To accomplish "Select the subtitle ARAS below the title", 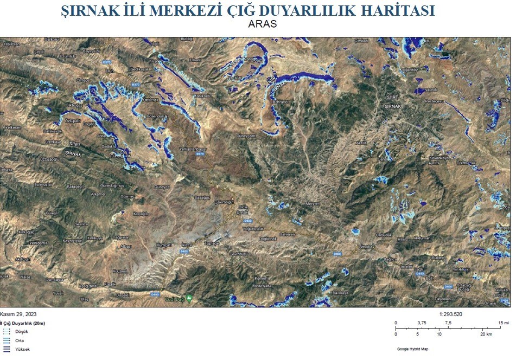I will [263, 24].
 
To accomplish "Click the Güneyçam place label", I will [244, 136].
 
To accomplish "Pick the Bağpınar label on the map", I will [120, 237].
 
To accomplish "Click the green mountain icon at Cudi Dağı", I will [189, 298].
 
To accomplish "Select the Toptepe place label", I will [211, 244].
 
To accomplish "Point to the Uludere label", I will [437, 257].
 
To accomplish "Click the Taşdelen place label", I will [444, 299].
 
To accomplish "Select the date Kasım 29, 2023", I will [19, 314].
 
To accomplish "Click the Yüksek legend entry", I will [22, 349].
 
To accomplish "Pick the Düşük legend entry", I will [22, 331].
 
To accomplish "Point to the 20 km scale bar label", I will [486, 333].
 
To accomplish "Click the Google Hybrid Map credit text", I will [412, 349].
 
